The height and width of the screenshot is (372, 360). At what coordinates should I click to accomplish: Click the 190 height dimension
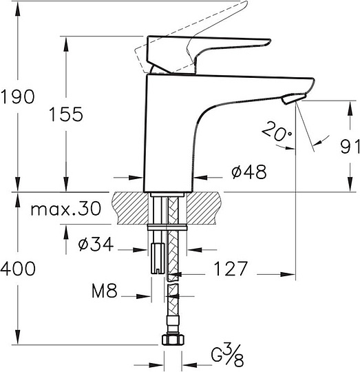coord(17,97)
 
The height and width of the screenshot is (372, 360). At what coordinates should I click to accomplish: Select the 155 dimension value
coord(66,114)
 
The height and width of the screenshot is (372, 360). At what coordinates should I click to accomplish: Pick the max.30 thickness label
coord(65,207)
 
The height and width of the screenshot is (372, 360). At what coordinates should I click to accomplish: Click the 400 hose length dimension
coord(17,268)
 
